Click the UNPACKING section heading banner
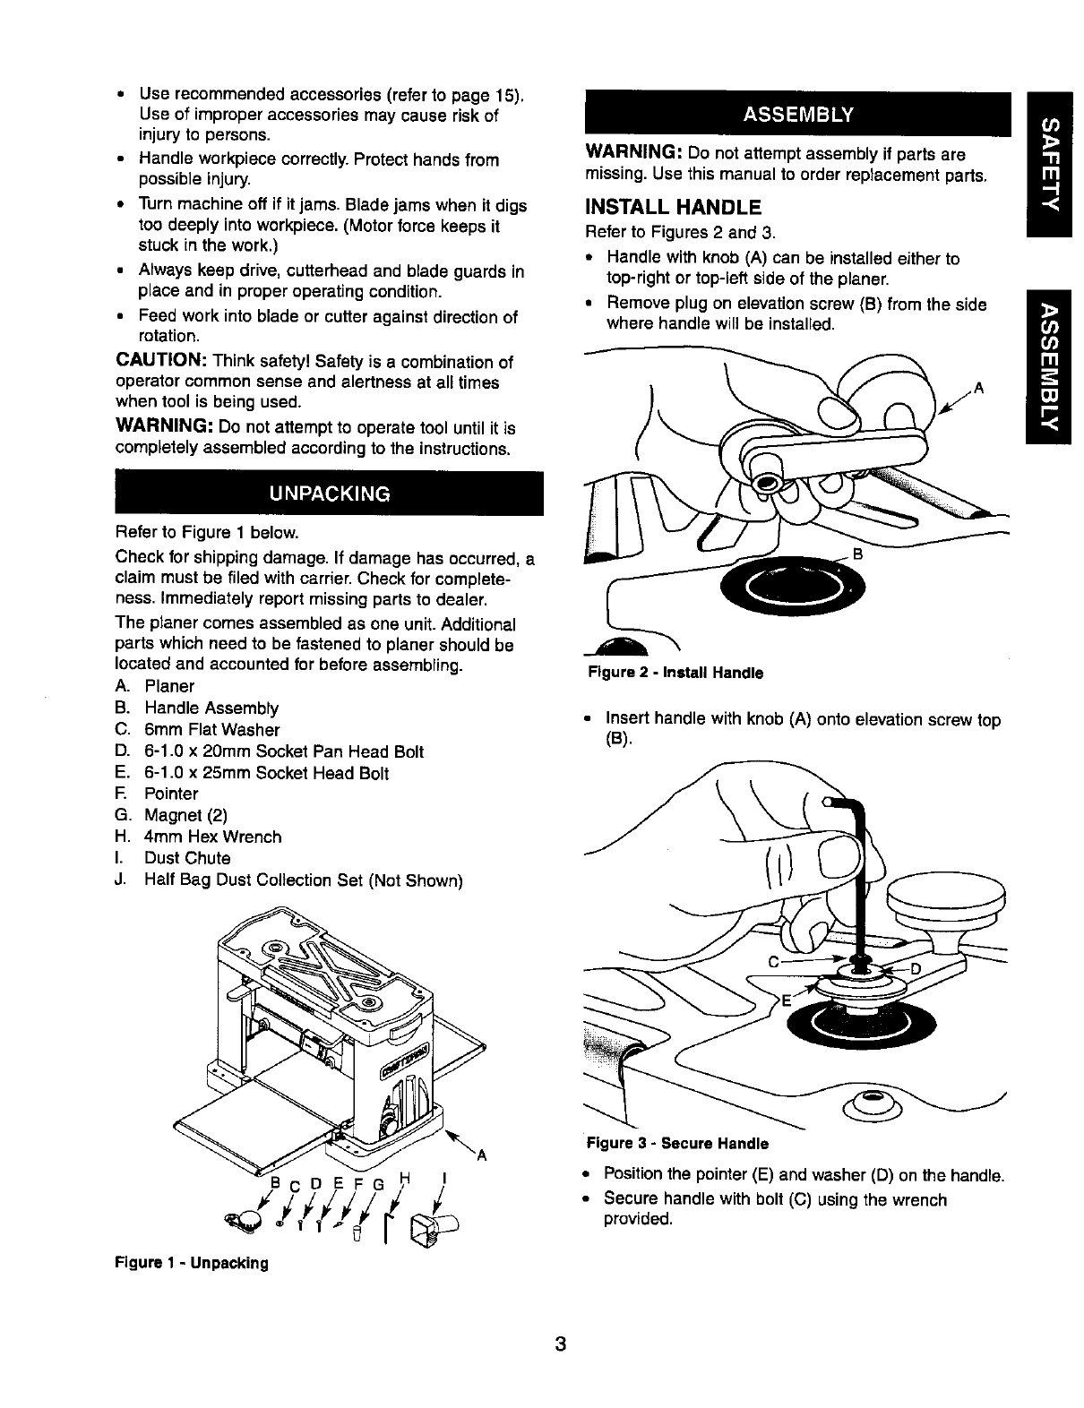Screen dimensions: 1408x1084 [x=329, y=494]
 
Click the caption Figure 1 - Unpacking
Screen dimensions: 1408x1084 [x=192, y=1263]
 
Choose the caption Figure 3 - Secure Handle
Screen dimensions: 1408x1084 [x=678, y=1144]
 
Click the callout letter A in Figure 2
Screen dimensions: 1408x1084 [x=979, y=388]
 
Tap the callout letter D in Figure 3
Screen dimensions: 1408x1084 [x=915, y=969]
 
